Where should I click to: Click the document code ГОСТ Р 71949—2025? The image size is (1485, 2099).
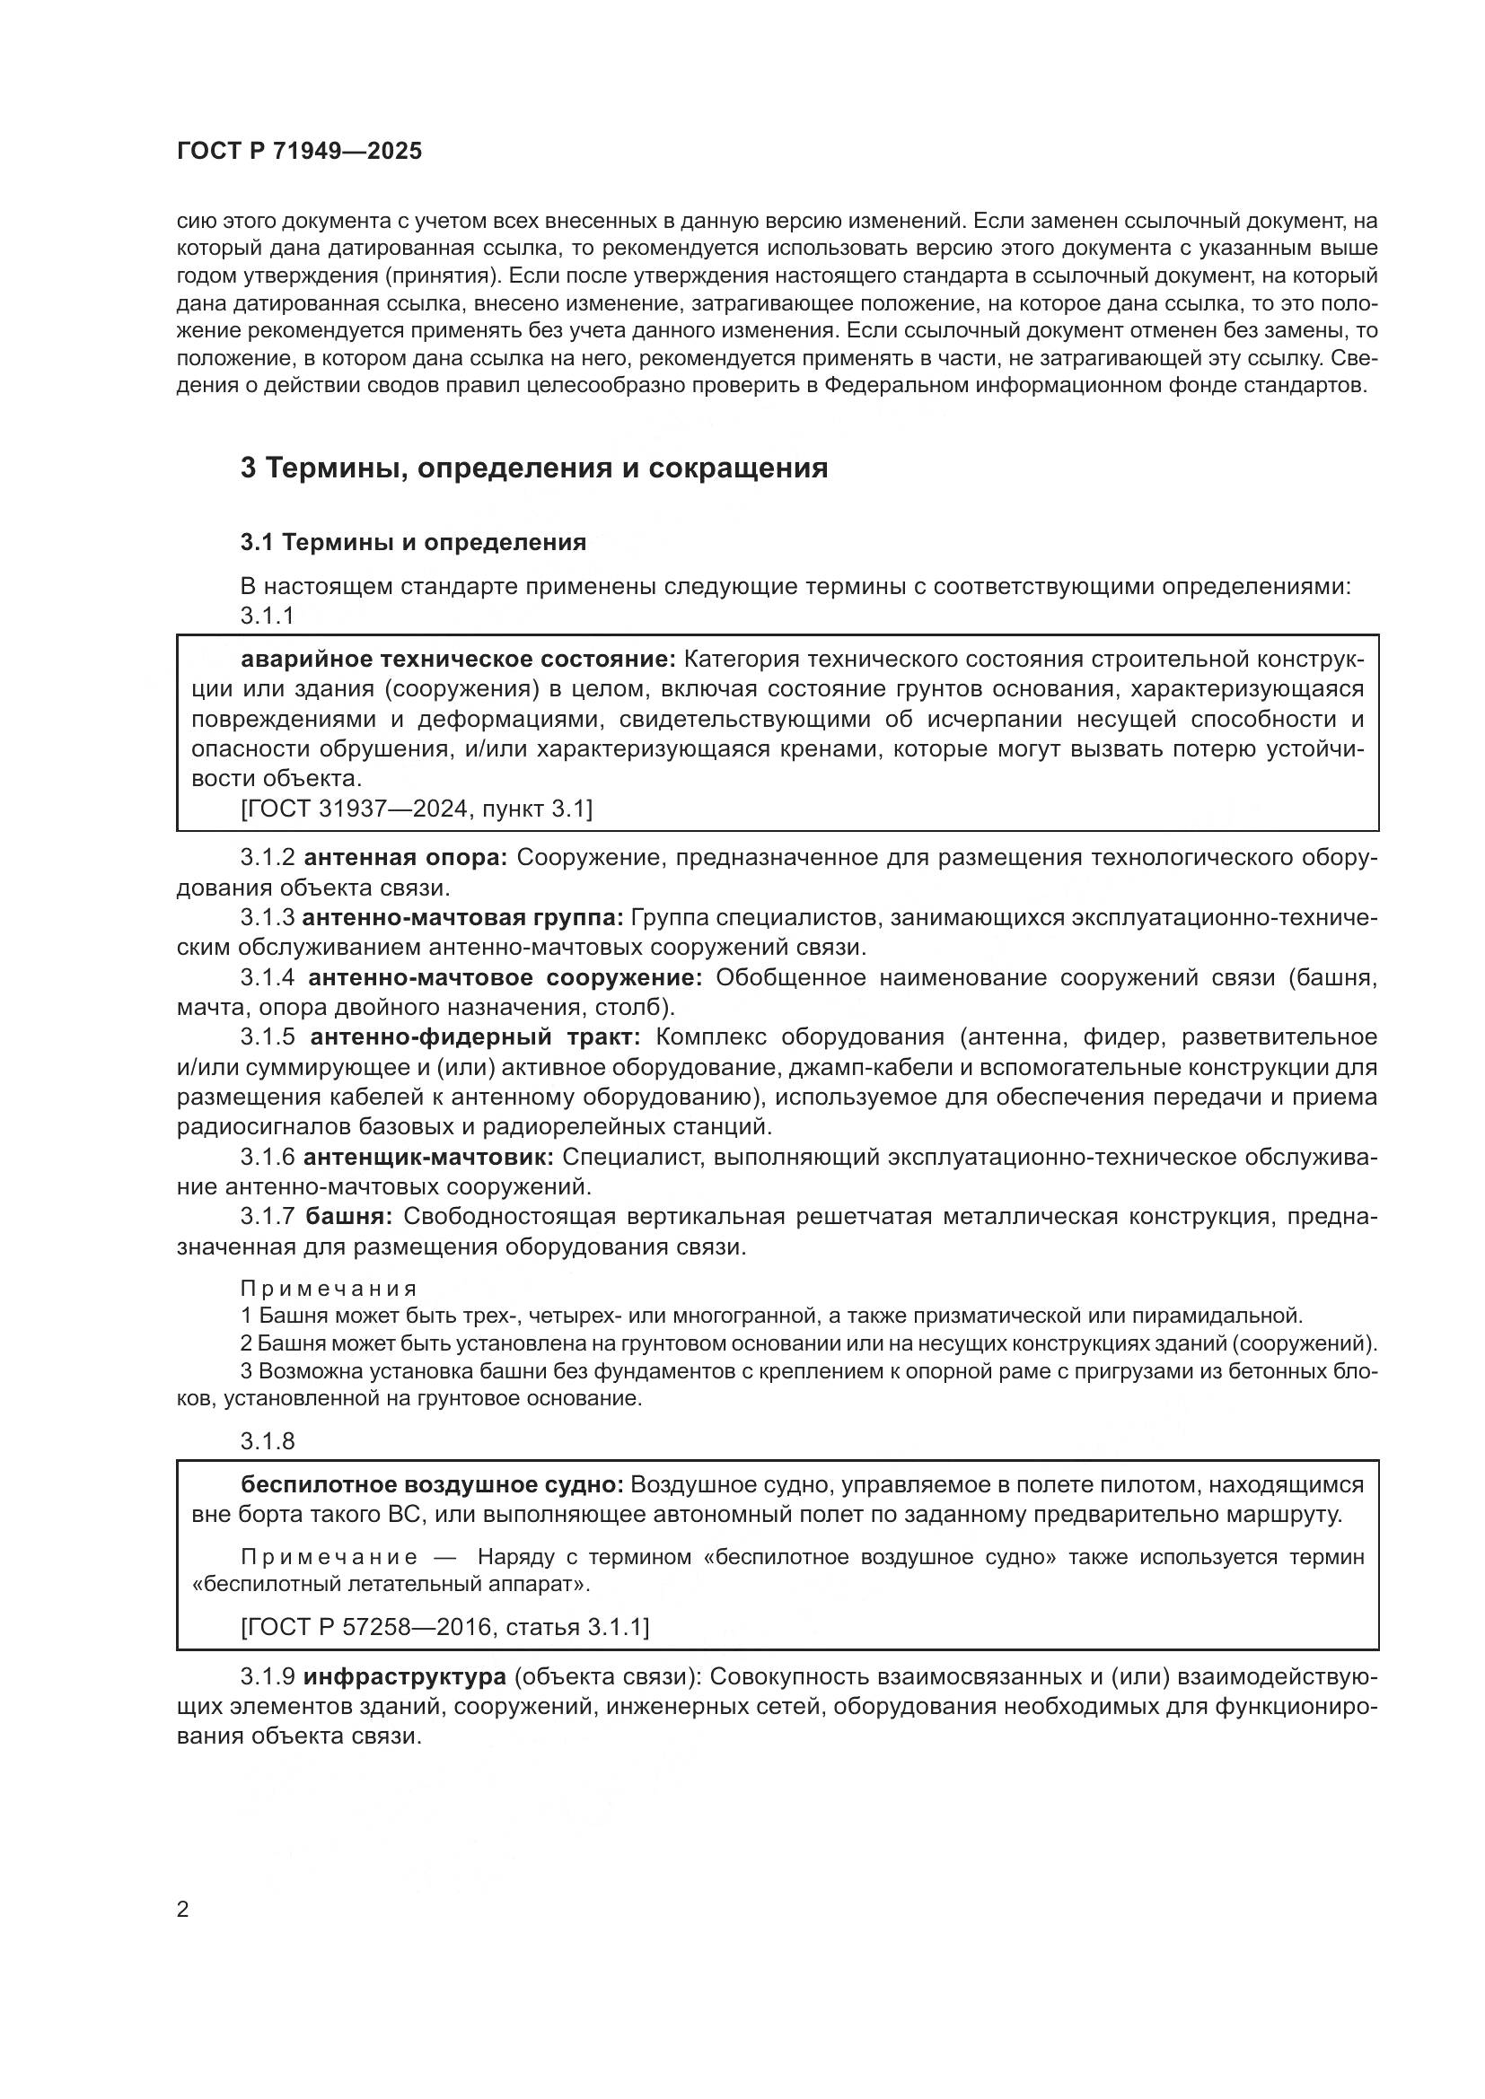[x=299, y=152]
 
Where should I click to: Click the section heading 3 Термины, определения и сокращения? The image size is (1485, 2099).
[x=534, y=468]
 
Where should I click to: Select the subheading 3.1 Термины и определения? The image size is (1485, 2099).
[x=413, y=542]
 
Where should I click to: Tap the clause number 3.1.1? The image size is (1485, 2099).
[x=267, y=617]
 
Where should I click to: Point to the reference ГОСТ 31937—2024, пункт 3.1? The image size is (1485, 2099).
[x=416, y=809]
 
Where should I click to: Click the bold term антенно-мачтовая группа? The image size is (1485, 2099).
[x=462, y=917]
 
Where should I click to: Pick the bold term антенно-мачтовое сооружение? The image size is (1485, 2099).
[x=505, y=977]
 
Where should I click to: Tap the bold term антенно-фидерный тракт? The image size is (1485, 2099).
[x=476, y=1036]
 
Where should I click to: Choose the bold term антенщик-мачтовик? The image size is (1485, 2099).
[x=428, y=1158]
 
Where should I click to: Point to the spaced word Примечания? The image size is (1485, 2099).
[x=330, y=1289]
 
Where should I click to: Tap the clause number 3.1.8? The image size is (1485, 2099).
[x=267, y=1442]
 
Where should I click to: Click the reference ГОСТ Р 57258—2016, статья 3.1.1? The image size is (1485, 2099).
[x=444, y=1627]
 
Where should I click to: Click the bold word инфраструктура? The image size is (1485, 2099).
[x=404, y=1676]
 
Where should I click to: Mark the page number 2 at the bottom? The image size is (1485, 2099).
[x=183, y=1910]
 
